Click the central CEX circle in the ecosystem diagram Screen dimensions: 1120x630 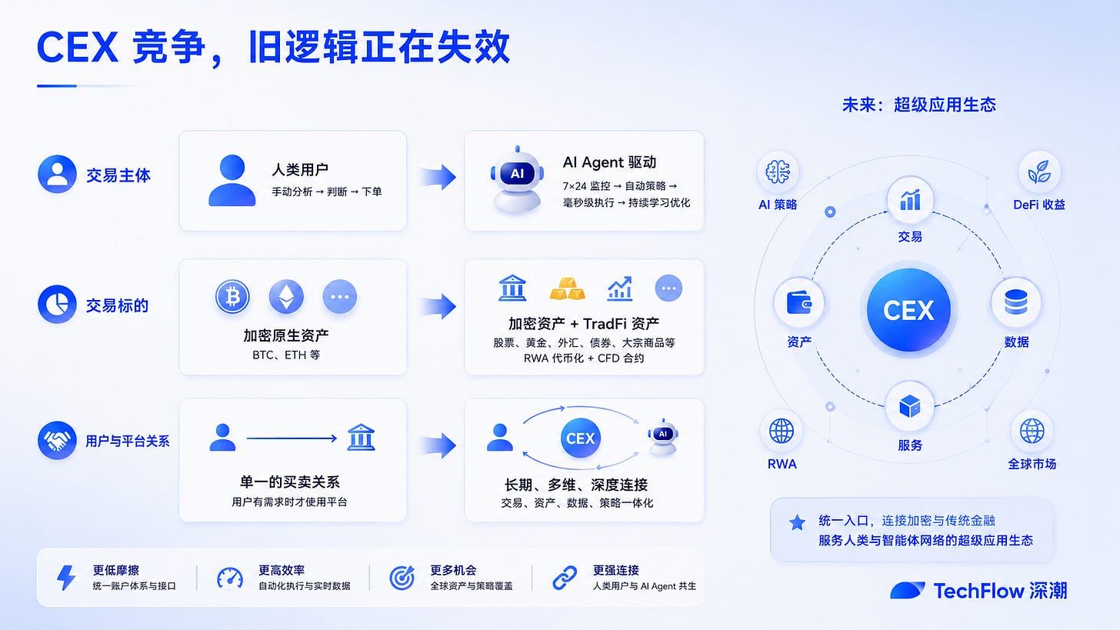(908, 310)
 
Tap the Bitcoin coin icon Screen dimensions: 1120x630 (232, 296)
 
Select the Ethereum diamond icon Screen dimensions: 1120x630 (286, 296)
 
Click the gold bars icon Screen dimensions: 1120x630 (568, 289)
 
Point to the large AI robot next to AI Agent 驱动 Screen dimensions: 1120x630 (517, 180)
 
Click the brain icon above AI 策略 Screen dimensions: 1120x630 (778, 172)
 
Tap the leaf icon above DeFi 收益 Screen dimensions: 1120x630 (1039, 172)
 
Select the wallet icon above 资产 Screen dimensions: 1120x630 (799, 302)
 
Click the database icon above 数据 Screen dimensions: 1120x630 (1016, 302)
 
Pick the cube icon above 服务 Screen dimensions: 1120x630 (909, 406)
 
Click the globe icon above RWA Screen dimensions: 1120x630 (782, 431)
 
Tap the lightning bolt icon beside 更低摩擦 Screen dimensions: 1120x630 (66, 578)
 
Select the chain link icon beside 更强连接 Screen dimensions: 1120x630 (565, 578)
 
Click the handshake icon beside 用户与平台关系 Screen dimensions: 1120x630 (57, 441)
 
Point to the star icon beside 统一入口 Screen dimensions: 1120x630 (797, 522)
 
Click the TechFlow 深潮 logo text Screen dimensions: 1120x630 (1000, 591)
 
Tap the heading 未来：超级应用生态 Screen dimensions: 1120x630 (919, 105)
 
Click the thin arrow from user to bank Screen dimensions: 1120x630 (292, 438)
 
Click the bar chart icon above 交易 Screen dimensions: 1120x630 (910, 200)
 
